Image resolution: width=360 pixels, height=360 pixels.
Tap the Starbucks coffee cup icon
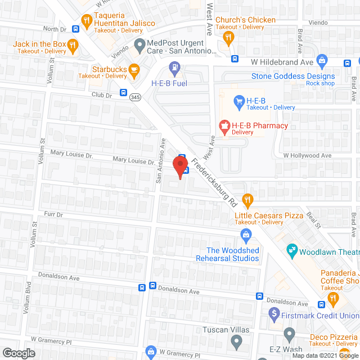click(133, 70)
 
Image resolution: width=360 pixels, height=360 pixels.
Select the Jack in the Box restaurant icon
click(72, 44)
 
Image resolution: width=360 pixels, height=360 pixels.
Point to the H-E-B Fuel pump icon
click(174, 70)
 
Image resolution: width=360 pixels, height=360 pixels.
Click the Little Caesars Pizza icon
click(246, 199)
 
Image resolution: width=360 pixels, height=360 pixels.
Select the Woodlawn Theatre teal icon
click(291, 249)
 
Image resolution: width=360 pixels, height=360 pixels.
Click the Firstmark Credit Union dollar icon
click(274, 312)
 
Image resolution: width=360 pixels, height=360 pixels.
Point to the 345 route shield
click(134, 97)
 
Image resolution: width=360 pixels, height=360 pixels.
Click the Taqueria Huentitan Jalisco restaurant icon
click(87, 21)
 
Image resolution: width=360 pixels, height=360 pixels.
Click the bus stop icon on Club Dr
click(123, 93)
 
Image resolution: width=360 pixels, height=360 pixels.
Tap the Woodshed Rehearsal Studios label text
click(233, 254)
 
